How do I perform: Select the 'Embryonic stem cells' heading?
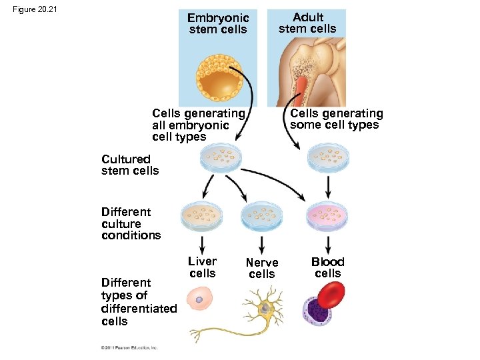tap(218, 24)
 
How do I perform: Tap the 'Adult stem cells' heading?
tap(307, 23)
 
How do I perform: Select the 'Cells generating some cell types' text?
tap(336, 119)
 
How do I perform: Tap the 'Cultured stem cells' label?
tap(130, 165)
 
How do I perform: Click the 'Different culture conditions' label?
tap(131, 223)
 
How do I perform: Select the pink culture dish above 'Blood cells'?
tap(328, 214)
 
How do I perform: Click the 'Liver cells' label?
tap(203, 267)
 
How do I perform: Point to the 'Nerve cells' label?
tap(262, 269)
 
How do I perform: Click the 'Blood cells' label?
tap(328, 267)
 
